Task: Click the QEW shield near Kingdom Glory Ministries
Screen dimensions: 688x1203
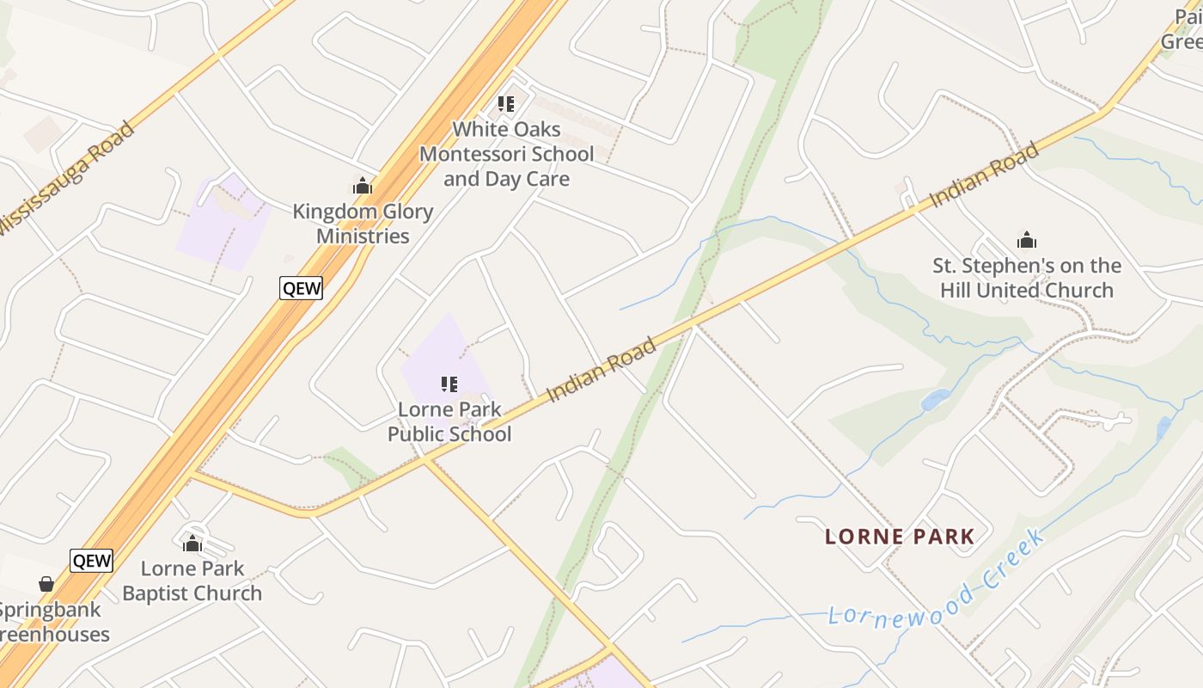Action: tap(302, 288)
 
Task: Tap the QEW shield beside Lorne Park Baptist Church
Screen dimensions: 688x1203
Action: tap(92, 561)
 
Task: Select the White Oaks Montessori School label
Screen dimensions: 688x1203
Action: tap(506, 155)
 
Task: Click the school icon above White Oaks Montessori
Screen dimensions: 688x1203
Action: tap(506, 104)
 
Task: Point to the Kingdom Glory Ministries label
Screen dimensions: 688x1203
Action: tap(363, 224)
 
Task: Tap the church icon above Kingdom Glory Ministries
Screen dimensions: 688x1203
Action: tap(363, 185)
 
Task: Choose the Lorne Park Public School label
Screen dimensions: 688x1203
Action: tap(449, 421)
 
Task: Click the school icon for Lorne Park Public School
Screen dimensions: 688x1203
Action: tap(449, 384)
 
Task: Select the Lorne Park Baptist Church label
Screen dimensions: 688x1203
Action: tap(192, 580)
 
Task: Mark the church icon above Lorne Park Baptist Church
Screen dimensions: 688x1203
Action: tap(192, 543)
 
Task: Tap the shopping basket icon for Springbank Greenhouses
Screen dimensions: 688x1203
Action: tap(46, 584)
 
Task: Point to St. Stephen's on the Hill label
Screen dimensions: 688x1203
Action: tap(1027, 278)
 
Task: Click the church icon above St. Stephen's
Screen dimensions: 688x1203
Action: tap(1026, 239)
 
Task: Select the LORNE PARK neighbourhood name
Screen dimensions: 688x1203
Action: tap(900, 537)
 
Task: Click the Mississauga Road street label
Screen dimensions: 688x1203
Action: tap(67, 178)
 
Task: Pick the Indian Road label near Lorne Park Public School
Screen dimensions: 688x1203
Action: tap(601, 369)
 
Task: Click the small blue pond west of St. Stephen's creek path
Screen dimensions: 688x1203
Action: tap(935, 400)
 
